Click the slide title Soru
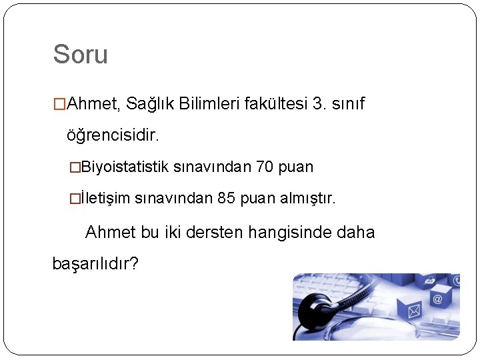(x=80, y=55)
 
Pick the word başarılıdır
(x=95, y=263)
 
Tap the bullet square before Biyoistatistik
(x=75, y=167)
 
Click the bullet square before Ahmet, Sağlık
(x=60, y=105)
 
